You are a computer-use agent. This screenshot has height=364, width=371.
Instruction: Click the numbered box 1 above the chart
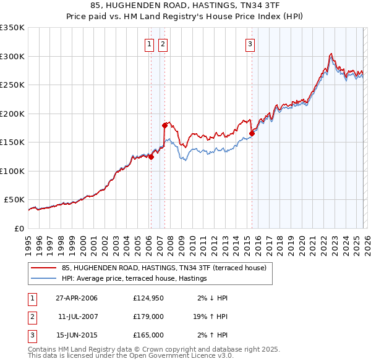(150, 44)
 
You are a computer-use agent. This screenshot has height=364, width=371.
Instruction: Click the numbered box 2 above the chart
(163, 44)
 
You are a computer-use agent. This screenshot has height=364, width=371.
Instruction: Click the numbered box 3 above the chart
(250, 44)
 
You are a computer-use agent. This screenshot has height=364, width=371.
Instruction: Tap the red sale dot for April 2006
(151, 157)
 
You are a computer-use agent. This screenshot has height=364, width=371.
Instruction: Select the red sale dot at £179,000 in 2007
(164, 125)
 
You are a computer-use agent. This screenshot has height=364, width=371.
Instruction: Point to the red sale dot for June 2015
(252, 133)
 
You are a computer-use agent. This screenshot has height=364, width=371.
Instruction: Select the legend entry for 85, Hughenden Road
(164, 268)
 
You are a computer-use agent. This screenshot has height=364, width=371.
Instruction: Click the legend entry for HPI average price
(134, 279)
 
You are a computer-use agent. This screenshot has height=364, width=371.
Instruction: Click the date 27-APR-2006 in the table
(77, 298)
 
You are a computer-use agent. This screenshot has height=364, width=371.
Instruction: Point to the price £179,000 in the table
(148, 316)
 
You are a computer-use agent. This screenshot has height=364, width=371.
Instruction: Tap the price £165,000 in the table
(148, 335)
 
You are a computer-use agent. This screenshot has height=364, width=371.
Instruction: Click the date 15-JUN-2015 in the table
(77, 335)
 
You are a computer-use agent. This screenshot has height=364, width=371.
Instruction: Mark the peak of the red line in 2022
(331, 54)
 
